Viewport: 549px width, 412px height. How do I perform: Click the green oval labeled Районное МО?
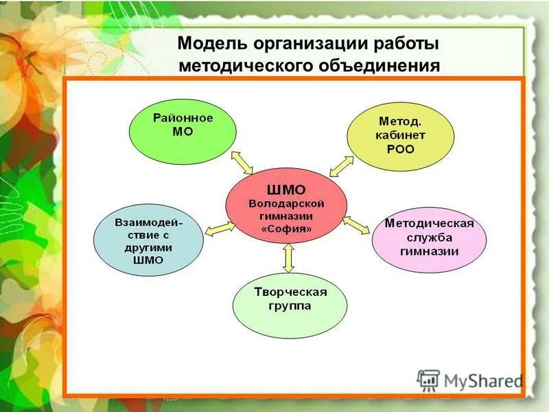pos(183,131)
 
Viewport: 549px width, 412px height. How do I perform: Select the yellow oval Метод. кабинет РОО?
pos(400,136)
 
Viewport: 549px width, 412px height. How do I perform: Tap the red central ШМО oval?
pos(286,205)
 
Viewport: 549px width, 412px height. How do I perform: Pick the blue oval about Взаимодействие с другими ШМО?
pos(148,240)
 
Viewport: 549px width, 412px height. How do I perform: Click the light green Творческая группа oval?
pos(290,301)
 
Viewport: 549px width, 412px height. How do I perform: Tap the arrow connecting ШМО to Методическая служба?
pos(356,224)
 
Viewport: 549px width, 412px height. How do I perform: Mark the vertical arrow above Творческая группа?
pos(288,257)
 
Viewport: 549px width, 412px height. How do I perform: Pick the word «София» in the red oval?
pos(286,228)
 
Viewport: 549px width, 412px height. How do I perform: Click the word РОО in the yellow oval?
pos(400,148)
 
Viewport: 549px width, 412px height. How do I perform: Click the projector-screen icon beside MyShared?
pos(429,380)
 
